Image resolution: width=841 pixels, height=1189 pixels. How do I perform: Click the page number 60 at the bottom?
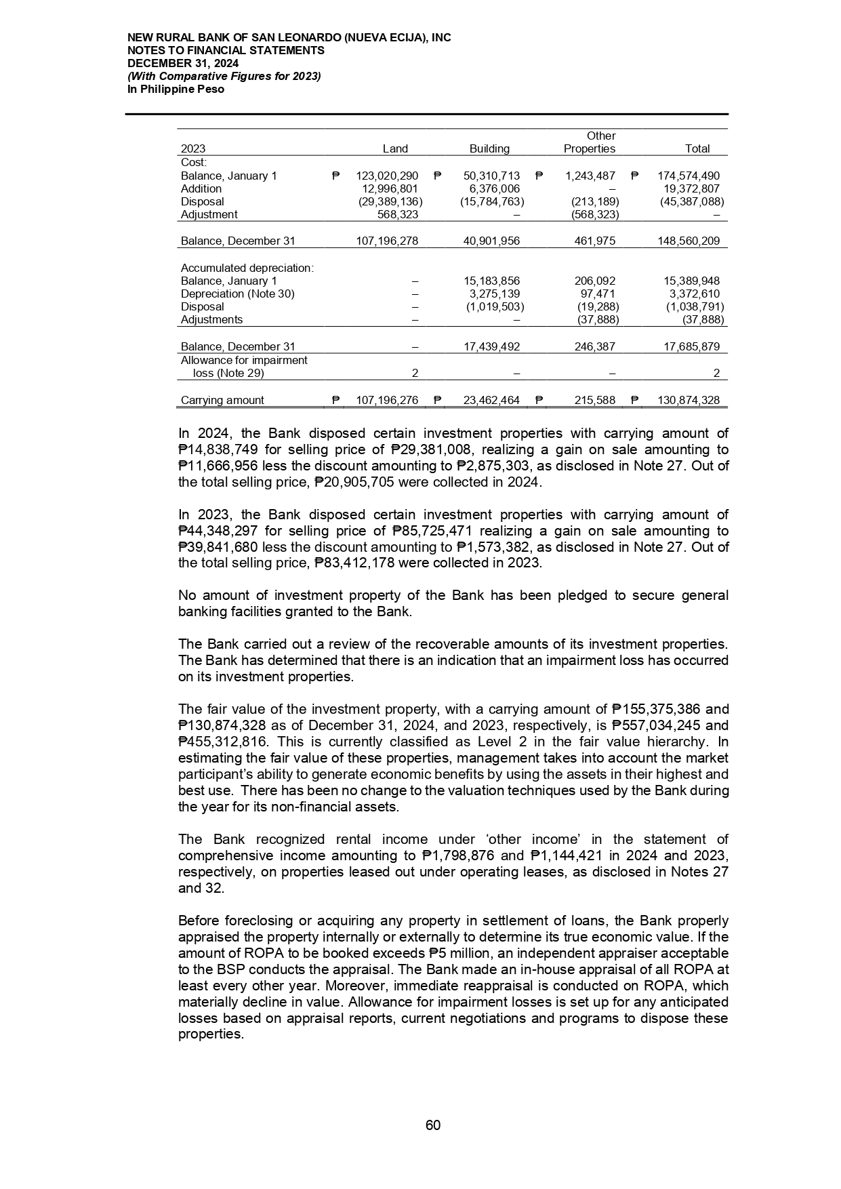click(x=433, y=1125)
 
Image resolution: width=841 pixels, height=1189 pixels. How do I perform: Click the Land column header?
click(x=395, y=148)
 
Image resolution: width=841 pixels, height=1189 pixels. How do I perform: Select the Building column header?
click(x=489, y=148)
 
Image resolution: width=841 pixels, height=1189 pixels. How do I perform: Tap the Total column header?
click(x=697, y=148)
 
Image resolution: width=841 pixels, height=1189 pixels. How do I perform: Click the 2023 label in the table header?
click(x=193, y=148)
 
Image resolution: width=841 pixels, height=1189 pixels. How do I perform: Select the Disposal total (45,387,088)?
click(x=691, y=201)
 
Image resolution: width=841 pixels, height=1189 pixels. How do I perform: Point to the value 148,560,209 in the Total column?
click(x=689, y=241)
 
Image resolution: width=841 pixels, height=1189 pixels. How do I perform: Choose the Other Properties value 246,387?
click(x=594, y=346)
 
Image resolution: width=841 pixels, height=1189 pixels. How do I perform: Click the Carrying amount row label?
click(x=222, y=400)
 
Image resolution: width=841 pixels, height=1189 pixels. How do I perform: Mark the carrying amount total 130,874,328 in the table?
click(x=689, y=400)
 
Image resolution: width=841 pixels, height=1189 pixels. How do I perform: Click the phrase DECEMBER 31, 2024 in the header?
click(x=183, y=63)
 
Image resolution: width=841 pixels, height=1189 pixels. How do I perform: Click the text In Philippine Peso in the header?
click(x=176, y=89)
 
